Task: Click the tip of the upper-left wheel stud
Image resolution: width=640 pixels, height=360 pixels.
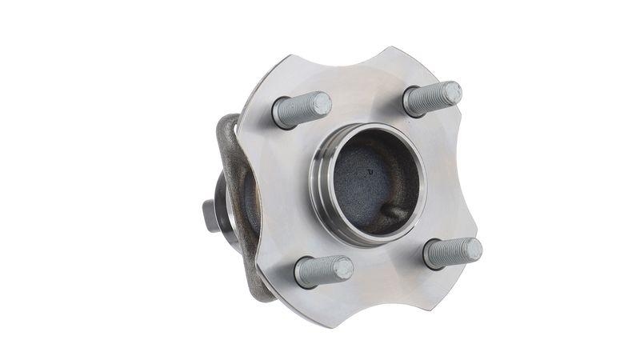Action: (320, 103)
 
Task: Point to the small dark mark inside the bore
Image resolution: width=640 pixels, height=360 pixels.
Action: (370, 170)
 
